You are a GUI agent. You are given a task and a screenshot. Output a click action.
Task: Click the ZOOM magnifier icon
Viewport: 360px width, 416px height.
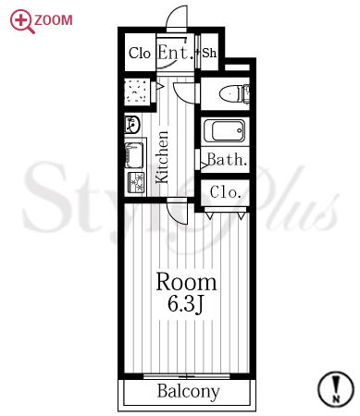(x=21, y=21)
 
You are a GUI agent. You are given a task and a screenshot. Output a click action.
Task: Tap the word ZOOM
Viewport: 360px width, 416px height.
(x=54, y=20)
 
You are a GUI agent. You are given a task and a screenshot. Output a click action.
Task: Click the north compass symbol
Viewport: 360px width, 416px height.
(x=336, y=389)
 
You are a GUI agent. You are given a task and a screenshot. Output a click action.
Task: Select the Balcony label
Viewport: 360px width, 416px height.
(x=189, y=391)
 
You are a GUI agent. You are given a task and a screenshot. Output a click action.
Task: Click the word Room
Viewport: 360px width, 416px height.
(x=187, y=282)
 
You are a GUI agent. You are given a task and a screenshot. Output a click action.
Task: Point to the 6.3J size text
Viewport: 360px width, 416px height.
(x=186, y=304)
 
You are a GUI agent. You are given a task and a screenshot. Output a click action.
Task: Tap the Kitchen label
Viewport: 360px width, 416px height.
(x=162, y=157)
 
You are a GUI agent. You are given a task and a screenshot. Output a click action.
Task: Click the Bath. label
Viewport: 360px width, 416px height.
(x=228, y=160)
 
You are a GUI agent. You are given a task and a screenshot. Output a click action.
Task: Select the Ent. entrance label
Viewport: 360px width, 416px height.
(x=176, y=53)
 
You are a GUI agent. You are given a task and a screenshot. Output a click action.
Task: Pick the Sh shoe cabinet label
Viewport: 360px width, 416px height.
(x=209, y=53)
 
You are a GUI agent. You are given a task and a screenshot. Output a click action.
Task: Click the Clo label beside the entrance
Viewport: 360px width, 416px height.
(x=140, y=53)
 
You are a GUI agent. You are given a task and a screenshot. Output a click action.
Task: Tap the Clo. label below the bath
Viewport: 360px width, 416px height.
(x=225, y=192)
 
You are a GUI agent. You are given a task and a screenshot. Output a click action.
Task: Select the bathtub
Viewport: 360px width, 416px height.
(x=225, y=130)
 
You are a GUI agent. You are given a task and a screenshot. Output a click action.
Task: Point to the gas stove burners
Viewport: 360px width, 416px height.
(x=136, y=183)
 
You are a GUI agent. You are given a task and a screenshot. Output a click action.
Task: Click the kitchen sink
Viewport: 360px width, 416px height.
(x=134, y=155)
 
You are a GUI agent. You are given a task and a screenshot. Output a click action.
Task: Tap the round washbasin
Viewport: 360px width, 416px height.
(x=132, y=125)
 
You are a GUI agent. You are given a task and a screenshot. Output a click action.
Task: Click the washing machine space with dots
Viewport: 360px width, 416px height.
(x=135, y=92)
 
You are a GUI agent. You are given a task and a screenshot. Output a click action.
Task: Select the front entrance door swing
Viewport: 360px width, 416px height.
(x=177, y=17)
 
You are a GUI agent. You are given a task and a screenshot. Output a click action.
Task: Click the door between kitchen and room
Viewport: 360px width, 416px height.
(x=177, y=212)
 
